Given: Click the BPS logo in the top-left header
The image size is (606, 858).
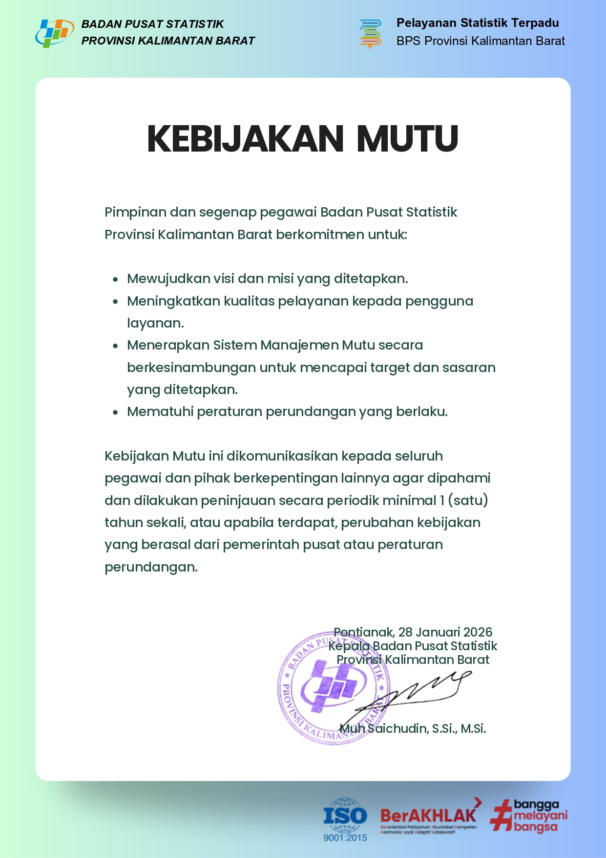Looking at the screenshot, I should pos(54,33).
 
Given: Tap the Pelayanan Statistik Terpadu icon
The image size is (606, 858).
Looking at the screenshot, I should pos(371,33).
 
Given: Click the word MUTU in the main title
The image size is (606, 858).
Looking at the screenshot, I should pos(407,139).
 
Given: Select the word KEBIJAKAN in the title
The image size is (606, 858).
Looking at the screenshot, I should pos(246,139).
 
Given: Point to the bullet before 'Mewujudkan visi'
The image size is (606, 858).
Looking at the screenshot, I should pos(115,280).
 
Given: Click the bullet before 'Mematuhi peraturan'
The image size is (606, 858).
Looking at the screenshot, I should pos(115,413).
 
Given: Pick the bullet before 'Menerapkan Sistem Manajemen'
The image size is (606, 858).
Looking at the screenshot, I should pos(115,346).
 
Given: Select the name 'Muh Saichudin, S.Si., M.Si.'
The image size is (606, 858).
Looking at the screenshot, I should pos(413,729).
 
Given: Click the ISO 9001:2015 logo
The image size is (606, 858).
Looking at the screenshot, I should pos(345,819).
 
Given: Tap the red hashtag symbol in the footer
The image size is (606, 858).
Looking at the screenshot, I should pos(501,815).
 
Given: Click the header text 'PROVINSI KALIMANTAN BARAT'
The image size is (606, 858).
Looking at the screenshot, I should pos(168,41).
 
